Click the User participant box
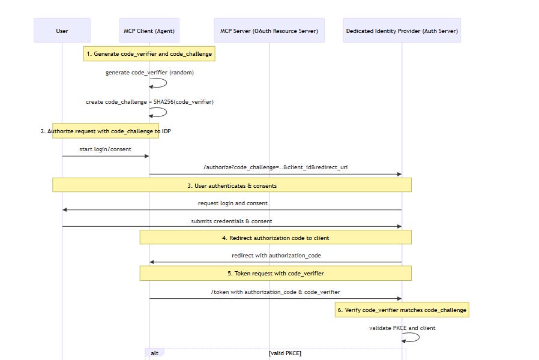tap(62, 31)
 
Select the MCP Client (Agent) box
tap(149, 31)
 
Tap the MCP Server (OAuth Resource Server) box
tap(269, 31)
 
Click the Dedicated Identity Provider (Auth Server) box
tap(402, 31)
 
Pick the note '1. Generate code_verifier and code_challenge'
tap(149, 54)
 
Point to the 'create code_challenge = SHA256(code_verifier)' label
tap(149, 102)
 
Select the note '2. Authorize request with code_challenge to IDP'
tap(106, 131)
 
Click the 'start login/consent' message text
tap(105, 149)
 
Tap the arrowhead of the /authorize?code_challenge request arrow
tap(399, 174)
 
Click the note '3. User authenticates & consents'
tap(232, 185)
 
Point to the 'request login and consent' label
tap(232, 203)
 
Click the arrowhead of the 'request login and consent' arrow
tap(65, 209)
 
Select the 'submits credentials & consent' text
tap(232, 221)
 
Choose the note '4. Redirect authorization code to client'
tap(276, 238)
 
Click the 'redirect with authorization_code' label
tap(276, 256)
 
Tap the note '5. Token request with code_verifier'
tap(276, 273)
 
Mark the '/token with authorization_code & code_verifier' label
tap(276, 292)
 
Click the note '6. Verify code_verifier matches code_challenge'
tap(402, 310)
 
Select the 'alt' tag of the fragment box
tap(154, 353)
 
